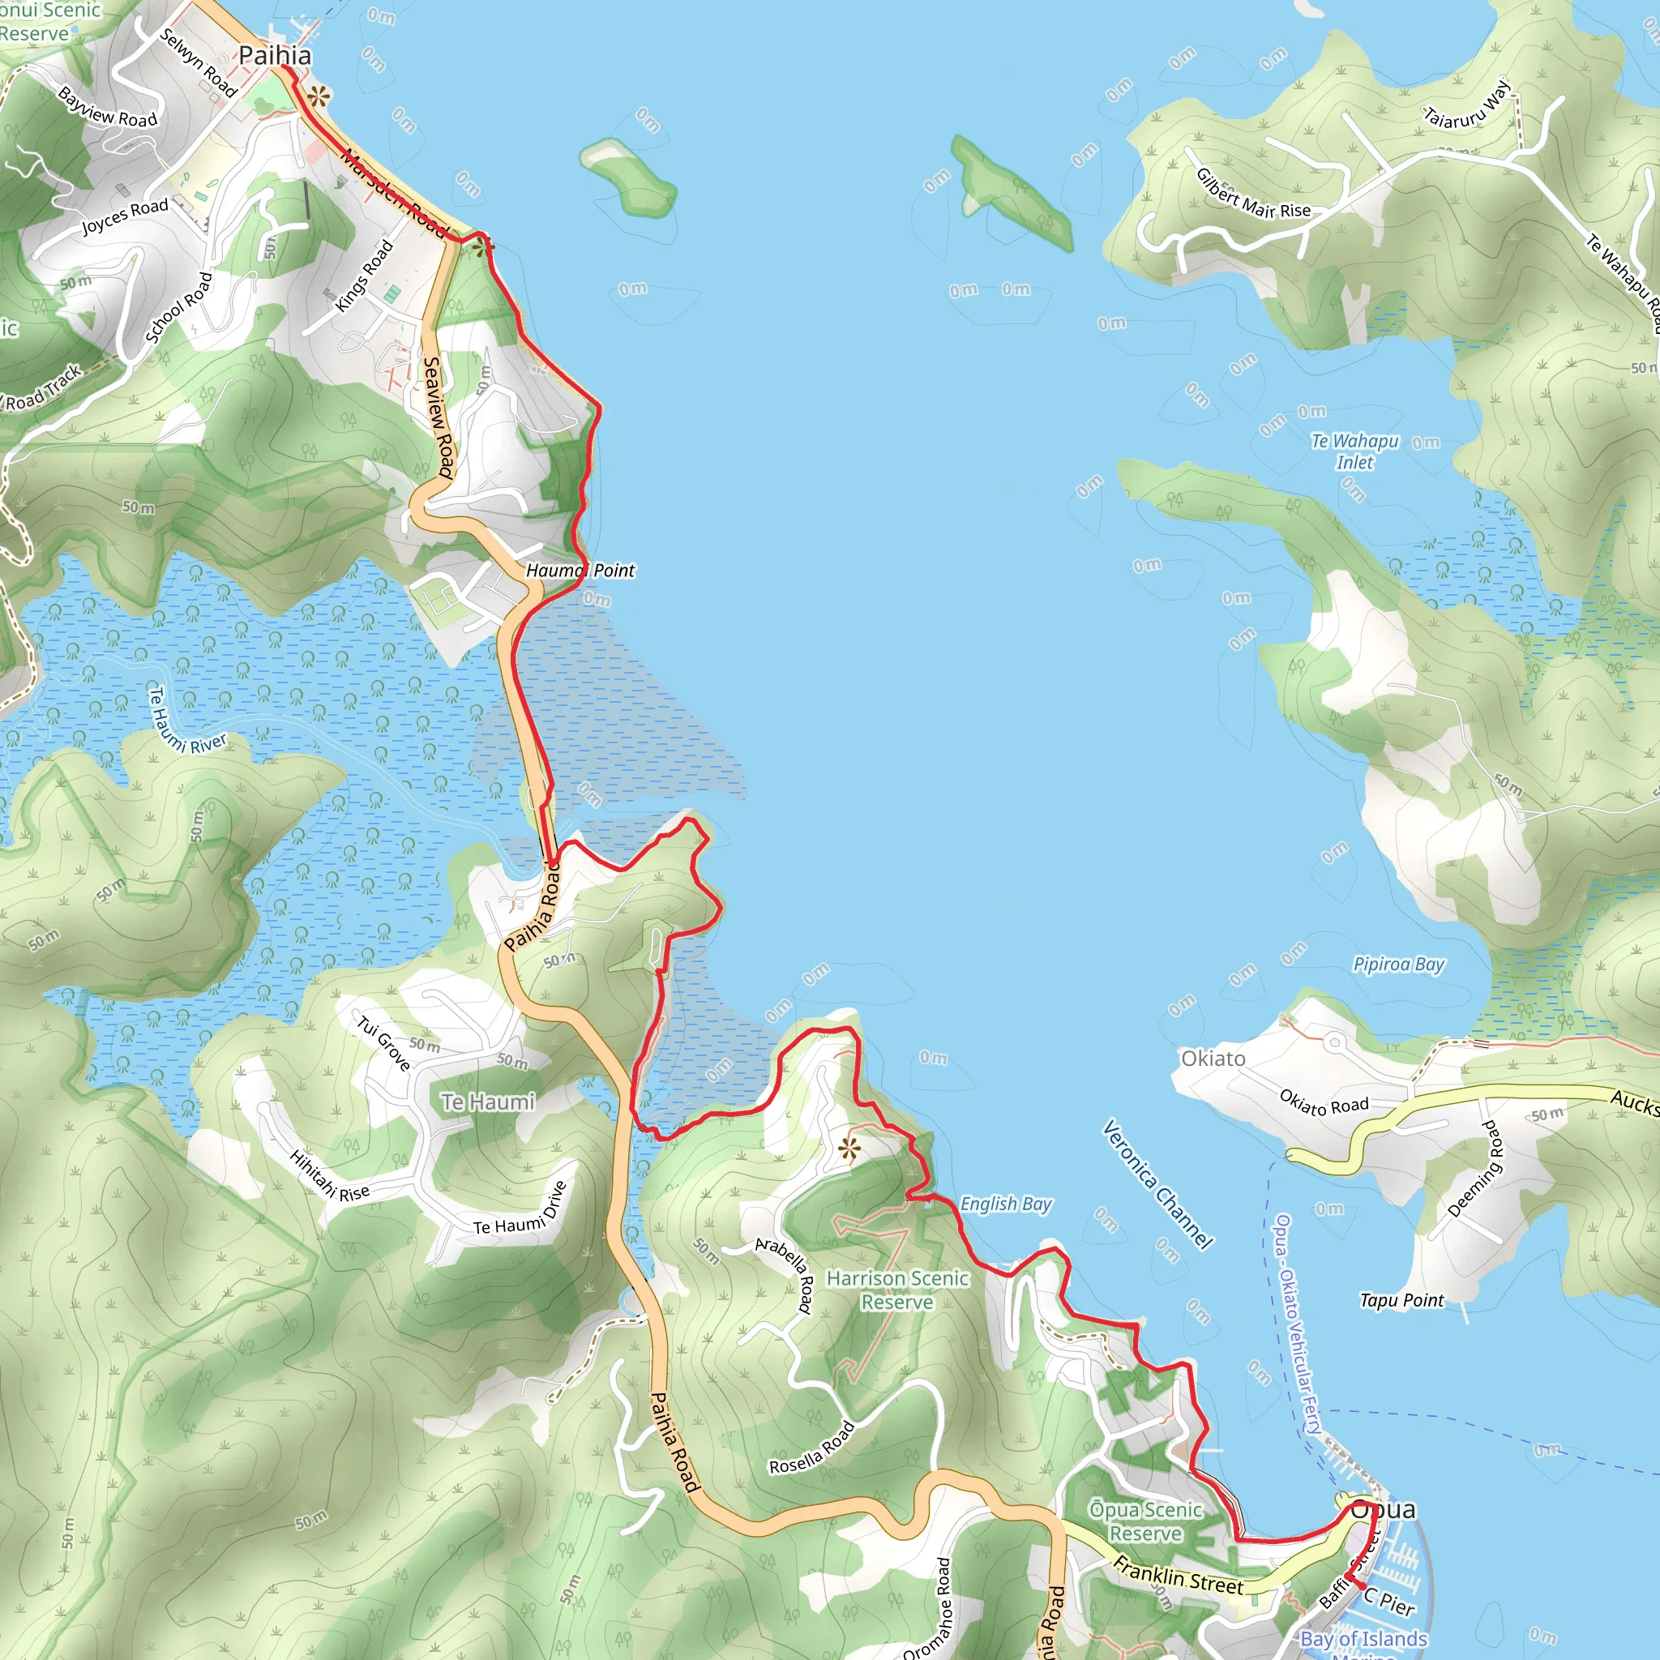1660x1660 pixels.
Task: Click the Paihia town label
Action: click(274, 56)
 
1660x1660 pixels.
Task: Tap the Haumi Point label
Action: click(580, 571)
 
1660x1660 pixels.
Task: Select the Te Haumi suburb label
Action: click(487, 1102)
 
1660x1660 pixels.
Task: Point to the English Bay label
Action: click(1005, 1204)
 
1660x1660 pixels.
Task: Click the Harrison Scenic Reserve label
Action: click(897, 1290)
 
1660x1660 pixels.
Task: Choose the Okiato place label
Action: click(1213, 1059)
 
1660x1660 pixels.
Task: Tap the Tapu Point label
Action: click(1401, 1300)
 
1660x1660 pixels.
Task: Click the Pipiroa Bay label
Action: click(1399, 964)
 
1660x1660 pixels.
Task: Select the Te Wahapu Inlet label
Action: click(1355, 451)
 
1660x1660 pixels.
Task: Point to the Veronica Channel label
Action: click(1157, 1184)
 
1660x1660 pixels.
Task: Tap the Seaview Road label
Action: click(439, 417)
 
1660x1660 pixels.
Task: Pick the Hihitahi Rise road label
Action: click(329, 1176)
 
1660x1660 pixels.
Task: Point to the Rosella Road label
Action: click(812, 1448)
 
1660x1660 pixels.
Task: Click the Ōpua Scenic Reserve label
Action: click(1145, 1521)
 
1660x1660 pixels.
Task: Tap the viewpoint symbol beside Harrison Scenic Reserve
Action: click(849, 1149)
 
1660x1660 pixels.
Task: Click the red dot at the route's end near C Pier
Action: click(1362, 1585)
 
